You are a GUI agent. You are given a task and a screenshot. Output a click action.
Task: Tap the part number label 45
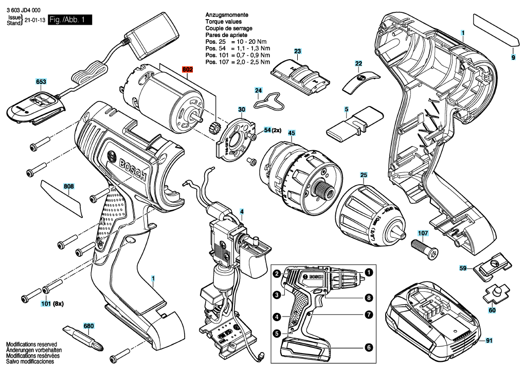click(x=291, y=133)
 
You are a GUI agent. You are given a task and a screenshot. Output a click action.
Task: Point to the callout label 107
click(x=423, y=233)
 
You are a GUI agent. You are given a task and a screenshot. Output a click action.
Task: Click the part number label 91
click(x=489, y=340)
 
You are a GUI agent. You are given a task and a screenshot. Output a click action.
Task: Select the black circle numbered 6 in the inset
click(x=368, y=347)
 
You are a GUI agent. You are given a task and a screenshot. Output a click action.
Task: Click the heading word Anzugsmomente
click(x=225, y=15)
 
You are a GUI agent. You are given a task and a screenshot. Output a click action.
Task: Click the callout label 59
click(x=463, y=268)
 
